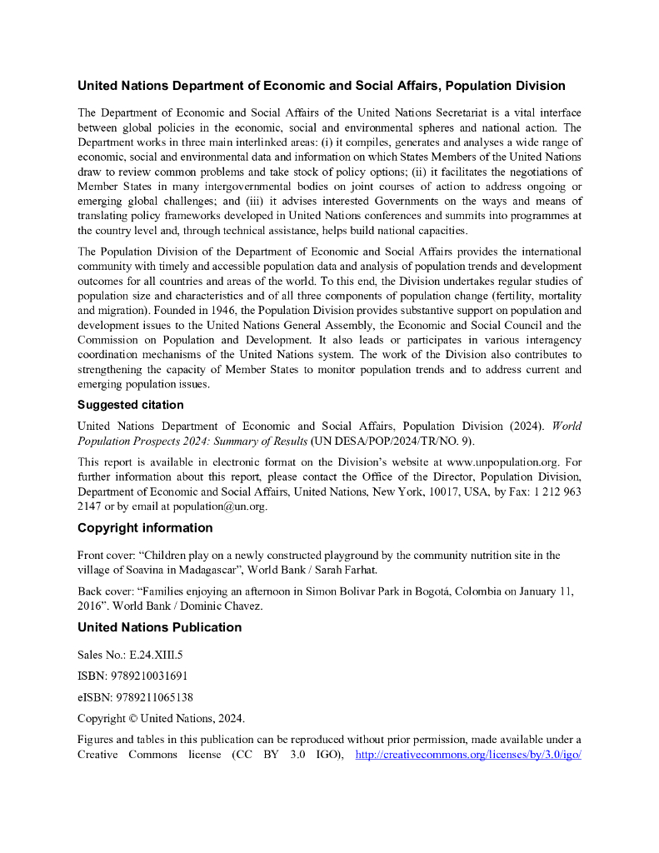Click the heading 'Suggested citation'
point(130,405)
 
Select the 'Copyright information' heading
point(145,527)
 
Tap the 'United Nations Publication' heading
point(159,627)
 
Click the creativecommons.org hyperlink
point(467,755)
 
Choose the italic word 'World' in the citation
point(566,426)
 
